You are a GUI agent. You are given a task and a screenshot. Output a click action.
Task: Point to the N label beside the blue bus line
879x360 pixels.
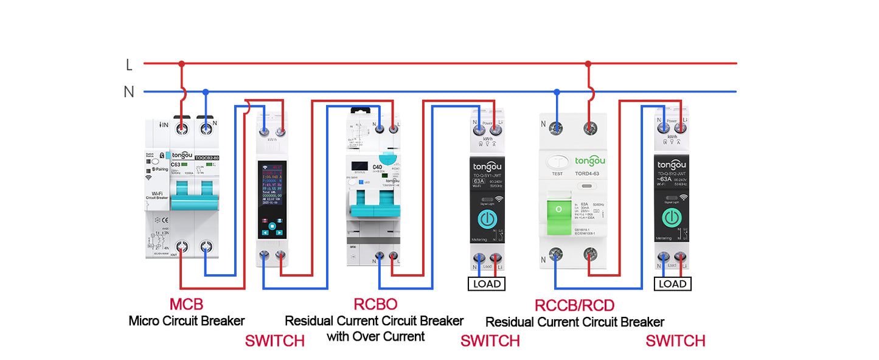(x=129, y=92)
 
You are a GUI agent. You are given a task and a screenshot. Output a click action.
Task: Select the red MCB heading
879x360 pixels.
(x=186, y=304)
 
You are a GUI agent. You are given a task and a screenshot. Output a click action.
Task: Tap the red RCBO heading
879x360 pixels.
(x=375, y=303)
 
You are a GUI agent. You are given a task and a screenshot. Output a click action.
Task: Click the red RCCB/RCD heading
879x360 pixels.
(x=574, y=305)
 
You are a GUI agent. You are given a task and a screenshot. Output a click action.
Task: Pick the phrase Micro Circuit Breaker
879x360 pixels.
(x=186, y=320)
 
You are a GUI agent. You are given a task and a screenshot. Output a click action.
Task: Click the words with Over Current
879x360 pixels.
(x=375, y=336)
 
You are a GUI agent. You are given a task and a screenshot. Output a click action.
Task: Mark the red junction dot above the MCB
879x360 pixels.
(x=181, y=63)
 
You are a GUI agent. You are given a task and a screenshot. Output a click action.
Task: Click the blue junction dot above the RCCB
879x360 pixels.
(x=556, y=92)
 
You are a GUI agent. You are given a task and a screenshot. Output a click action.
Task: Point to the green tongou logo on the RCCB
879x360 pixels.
(x=591, y=161)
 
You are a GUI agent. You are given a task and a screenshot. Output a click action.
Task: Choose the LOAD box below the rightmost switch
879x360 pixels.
(x=672, y=283)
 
